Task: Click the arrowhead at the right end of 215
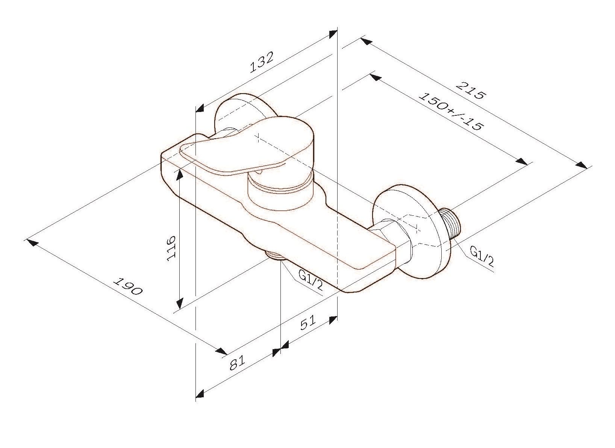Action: pyautogui.click(x=582, y=165)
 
